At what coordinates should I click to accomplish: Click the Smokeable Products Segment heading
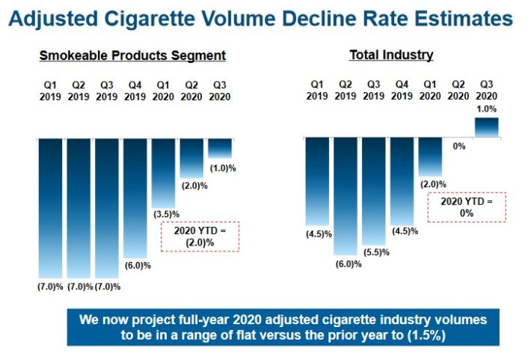133,56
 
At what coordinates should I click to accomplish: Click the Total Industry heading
391,55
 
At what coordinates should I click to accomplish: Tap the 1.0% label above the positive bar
487,108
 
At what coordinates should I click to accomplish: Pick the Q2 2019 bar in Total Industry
345,196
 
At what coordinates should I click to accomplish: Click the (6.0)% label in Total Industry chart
346,264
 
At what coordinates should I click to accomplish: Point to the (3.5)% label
164,213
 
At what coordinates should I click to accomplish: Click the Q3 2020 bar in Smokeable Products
221,148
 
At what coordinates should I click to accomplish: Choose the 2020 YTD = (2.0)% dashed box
200,236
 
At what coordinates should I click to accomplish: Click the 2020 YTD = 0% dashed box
467,207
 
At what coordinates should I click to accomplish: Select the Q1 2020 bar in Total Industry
431,156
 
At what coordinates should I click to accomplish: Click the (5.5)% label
375,252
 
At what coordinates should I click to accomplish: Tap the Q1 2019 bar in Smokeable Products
52,208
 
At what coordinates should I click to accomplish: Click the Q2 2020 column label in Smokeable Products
191,91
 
